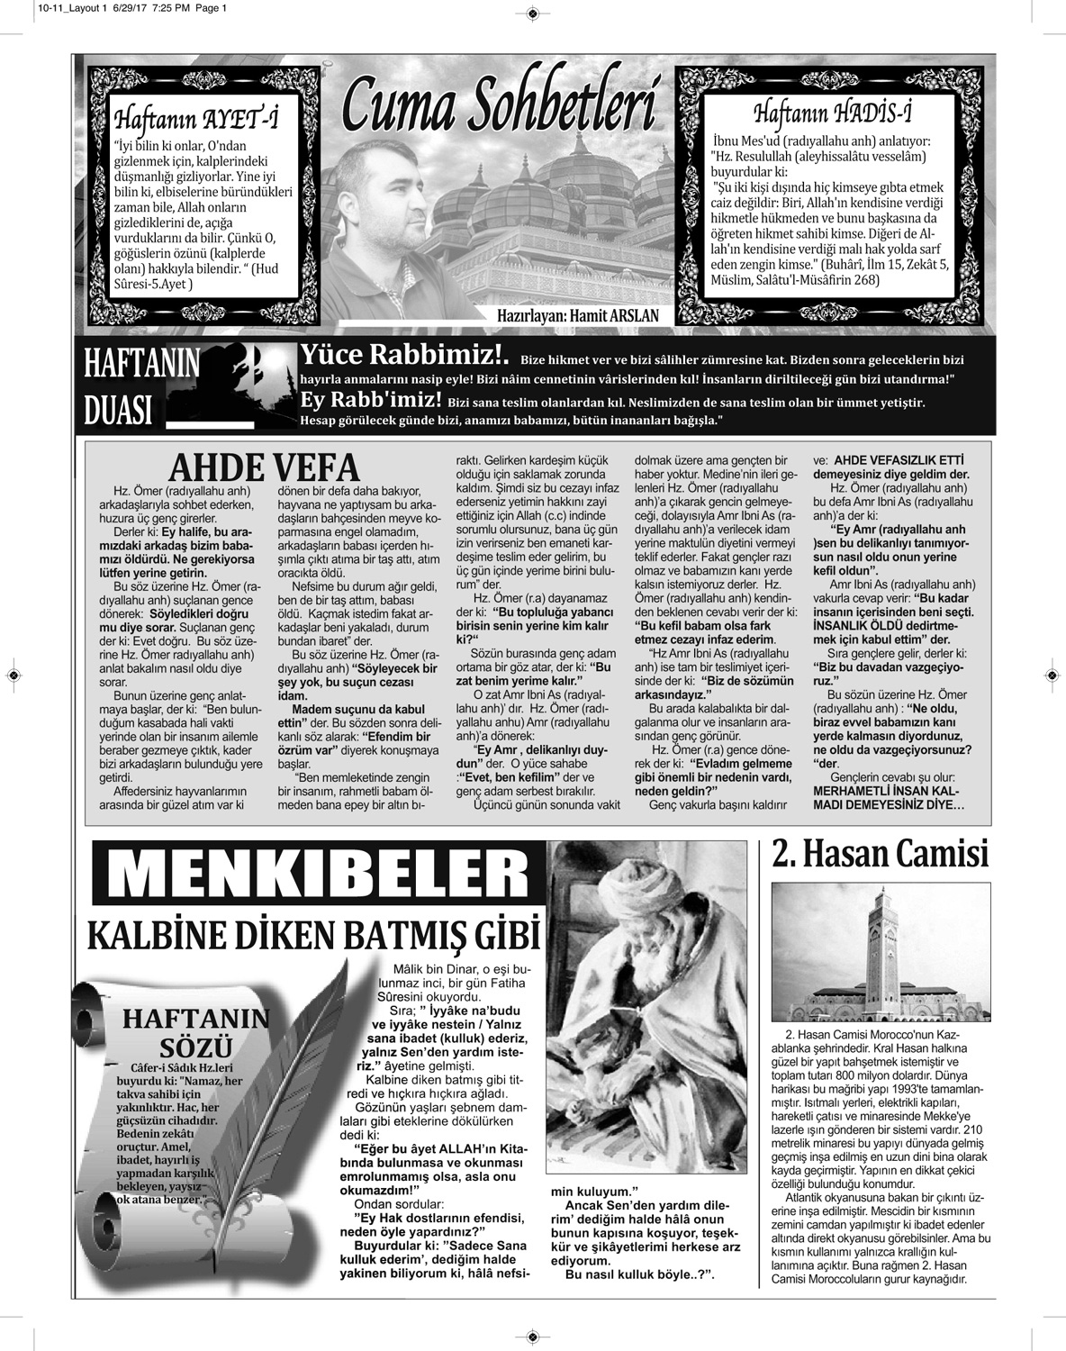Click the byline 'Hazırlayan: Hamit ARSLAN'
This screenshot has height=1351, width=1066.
(x=578, y=316)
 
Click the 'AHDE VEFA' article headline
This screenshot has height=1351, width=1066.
(x=265, y=467)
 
